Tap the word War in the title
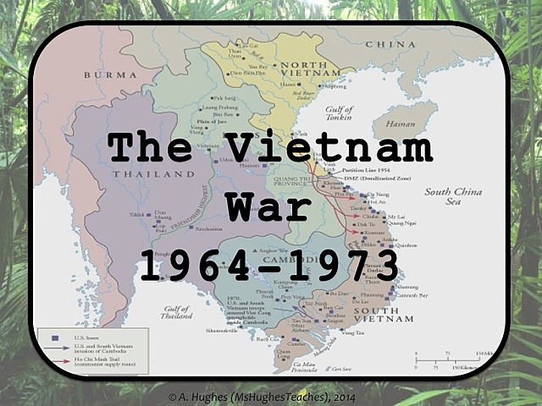(269, 207)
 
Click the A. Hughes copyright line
(270, 395)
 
